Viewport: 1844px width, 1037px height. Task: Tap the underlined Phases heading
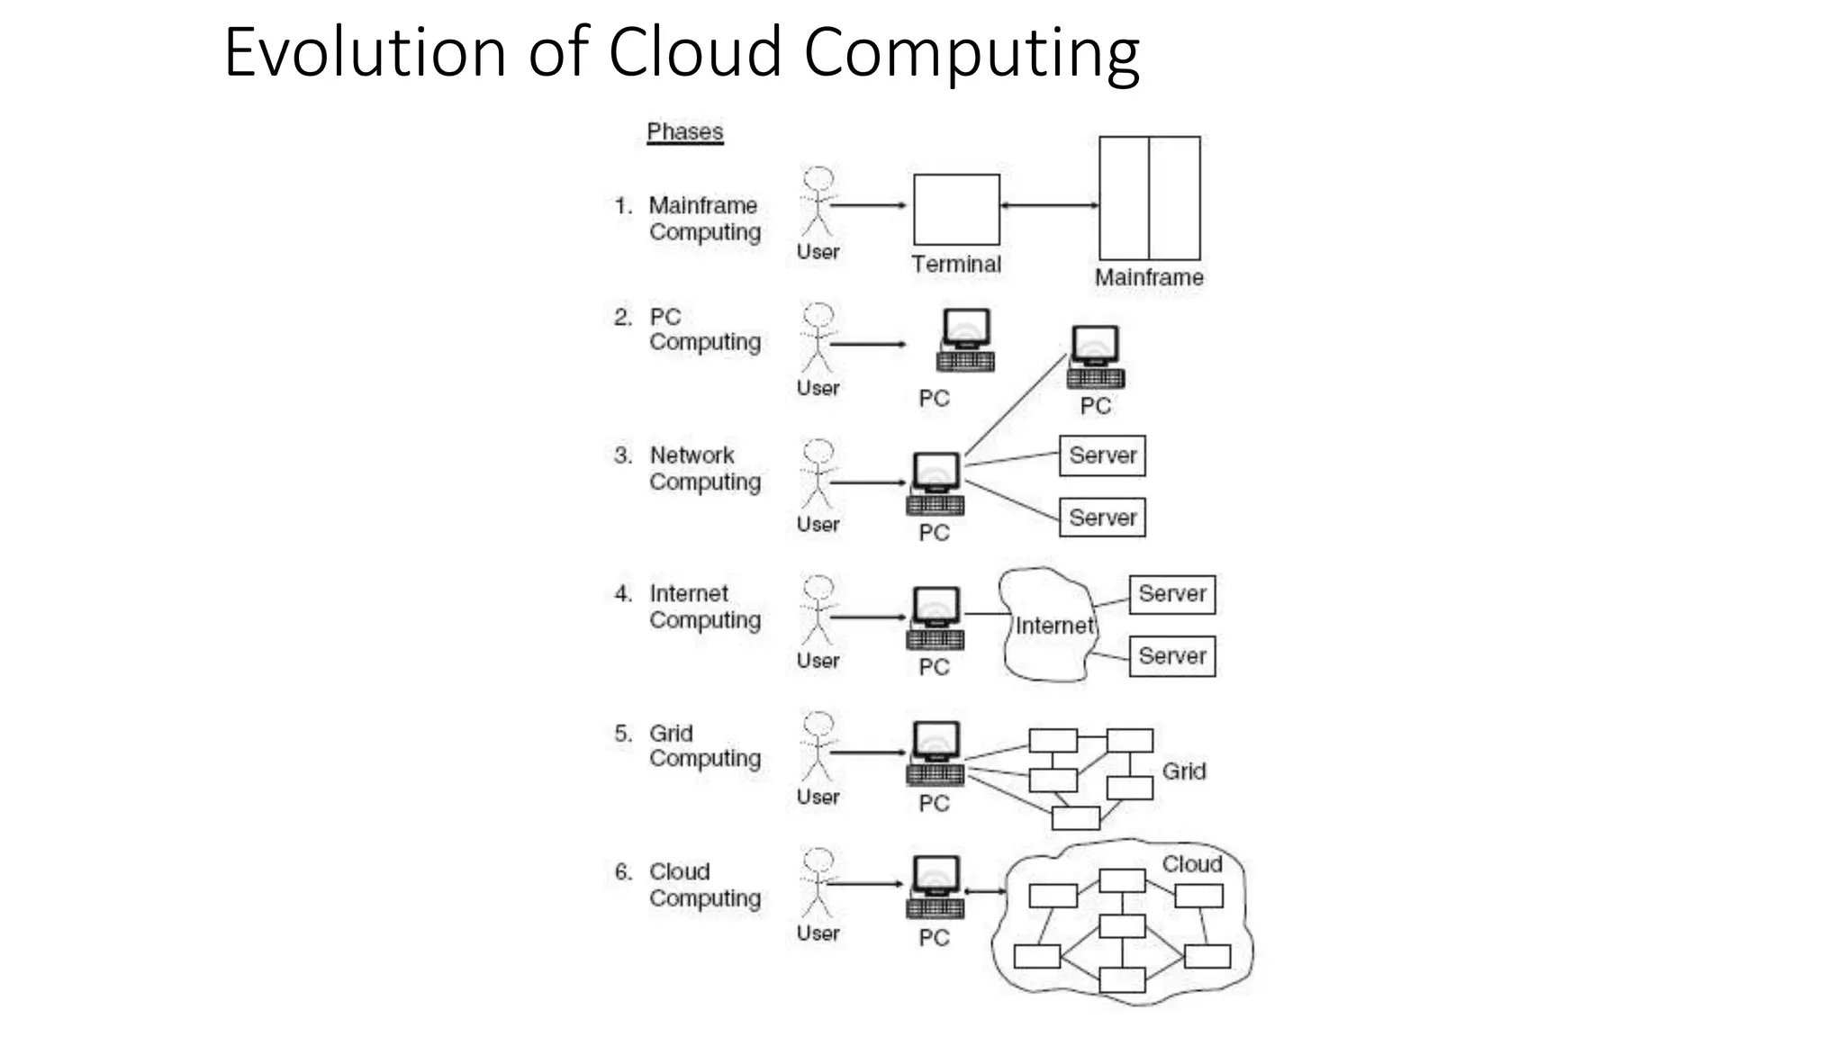pos(684,132)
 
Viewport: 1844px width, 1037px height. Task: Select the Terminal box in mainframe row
pos(956,210)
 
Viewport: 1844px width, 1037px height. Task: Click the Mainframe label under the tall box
pos(1149,277)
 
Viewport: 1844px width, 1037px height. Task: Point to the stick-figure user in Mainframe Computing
pos(818,203)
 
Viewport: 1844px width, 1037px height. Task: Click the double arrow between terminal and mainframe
pos(1049,205)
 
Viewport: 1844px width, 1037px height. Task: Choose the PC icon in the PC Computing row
pos(965,340)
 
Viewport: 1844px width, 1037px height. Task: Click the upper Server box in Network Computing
pos(1102,455)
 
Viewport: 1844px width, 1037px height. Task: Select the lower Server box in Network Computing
pos(1102,518)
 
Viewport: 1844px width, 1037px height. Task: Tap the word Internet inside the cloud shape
pos(1054,626)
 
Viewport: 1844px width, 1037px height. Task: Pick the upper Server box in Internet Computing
pos(1171,594)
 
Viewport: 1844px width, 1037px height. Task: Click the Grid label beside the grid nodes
pos(1183,771)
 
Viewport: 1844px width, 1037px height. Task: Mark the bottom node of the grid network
pos(1075,817)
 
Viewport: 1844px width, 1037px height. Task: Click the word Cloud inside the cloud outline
pos(1191,864)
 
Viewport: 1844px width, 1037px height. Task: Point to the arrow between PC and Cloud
pos(985,891)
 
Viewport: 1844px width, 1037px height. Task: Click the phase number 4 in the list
pos(623,594)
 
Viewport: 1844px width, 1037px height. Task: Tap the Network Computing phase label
pos(704,468)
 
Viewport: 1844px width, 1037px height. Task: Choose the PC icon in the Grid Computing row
pos(936,753)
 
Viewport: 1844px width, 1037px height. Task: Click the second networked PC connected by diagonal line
pos(1095,357)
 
